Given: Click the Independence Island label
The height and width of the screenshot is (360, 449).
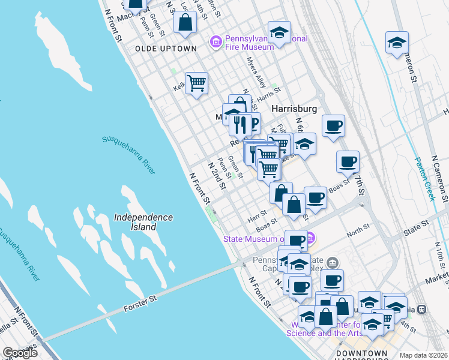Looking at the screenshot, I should coord(143,222).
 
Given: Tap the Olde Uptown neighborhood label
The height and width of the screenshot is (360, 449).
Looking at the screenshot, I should coord(166,49).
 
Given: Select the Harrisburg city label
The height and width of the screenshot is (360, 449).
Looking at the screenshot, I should coord(294,109).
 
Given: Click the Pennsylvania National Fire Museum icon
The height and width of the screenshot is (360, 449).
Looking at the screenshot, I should coord(215,41).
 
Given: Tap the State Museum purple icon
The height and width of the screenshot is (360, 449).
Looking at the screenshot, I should coord(311,239).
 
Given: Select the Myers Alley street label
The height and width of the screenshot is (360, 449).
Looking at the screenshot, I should coord(256,73).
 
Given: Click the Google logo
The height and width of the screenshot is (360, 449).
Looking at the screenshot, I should coord(20,353).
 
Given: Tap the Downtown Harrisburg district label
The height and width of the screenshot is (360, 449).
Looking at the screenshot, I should coord(361,353).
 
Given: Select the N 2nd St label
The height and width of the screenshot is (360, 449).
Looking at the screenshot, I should coord(216,175).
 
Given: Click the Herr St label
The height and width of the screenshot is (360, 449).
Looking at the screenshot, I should coord(257,214).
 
